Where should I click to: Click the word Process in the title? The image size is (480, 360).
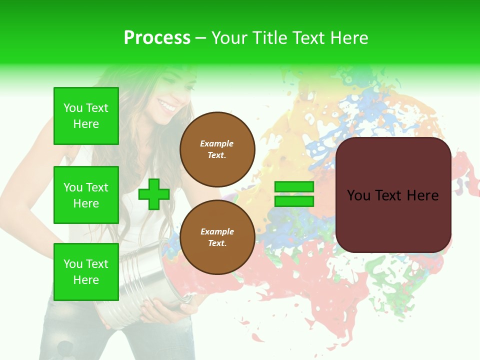(x=157, y=38)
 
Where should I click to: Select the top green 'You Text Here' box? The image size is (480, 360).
(x=86, y=116)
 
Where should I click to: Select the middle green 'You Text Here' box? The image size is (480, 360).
(x=86, y=195)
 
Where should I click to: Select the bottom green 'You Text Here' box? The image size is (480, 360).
(x=86, y=272)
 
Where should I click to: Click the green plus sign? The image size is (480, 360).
(x=153, y=194)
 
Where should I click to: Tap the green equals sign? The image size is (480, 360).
(x=294, y=194)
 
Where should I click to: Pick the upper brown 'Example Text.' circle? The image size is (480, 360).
(x=217, y=149)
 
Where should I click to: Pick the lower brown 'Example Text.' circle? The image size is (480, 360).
(x=217, y=237)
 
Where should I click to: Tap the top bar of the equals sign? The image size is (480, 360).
(x=294, y=187)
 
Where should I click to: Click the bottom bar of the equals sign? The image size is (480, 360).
(x=294, y=201)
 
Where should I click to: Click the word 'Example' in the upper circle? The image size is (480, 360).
(x=217, y=143)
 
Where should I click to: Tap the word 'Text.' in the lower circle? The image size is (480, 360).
(x=217, y=243)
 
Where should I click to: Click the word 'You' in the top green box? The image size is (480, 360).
(x=73, y=108)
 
